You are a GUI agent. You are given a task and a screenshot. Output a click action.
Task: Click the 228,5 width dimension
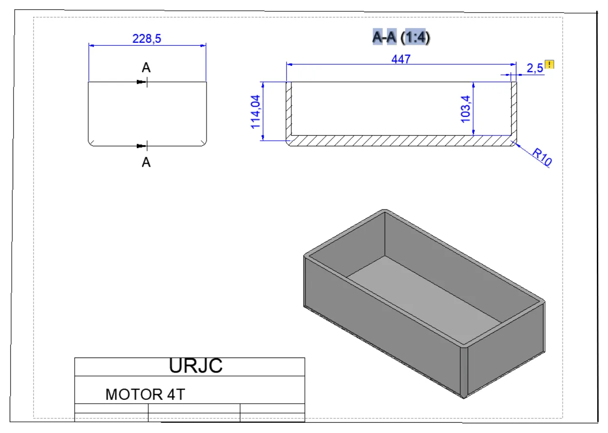coord(147,38)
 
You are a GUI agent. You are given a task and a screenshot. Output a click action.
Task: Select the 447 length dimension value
coord(401,59)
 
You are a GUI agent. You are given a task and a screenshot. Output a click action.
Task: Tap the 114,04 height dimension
coord(255,112)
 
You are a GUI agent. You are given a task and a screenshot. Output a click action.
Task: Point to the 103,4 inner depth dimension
coord(466,109)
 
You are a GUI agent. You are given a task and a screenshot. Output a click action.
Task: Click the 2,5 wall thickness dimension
coord(535,68)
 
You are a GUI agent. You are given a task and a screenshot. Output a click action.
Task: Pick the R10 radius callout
coord(542,157)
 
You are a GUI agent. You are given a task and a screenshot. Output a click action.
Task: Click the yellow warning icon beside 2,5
coord(550,65)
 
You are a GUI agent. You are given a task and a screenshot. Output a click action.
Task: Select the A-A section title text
coord(384,37)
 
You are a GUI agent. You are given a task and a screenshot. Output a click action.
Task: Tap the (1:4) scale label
coord(415,37)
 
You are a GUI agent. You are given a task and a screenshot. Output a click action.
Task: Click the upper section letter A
coord(146,67)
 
